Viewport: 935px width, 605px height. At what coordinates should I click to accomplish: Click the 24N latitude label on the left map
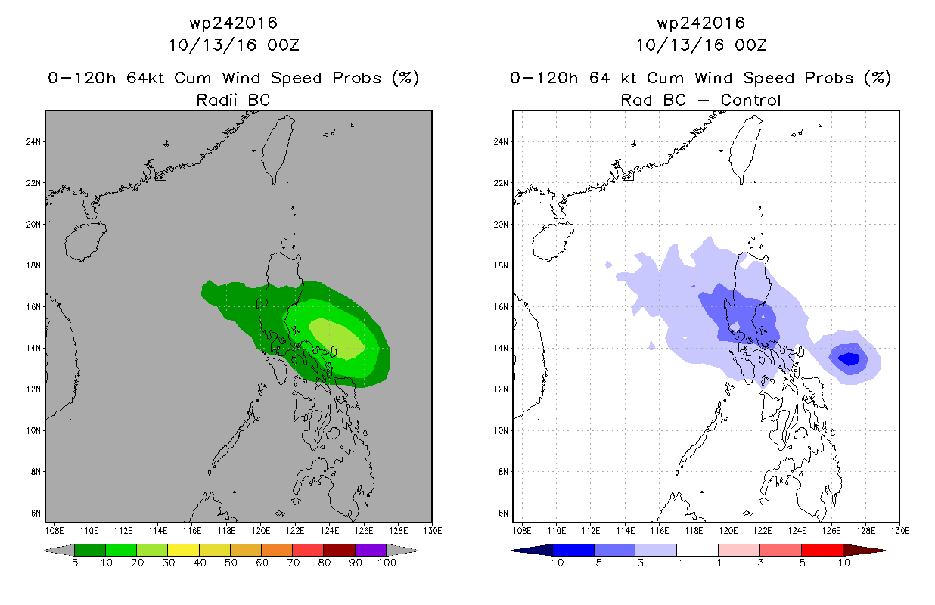(x=33, y=142)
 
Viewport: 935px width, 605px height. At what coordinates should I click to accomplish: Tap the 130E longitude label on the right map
(x=900, y=531)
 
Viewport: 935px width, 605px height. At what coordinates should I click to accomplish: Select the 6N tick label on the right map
(x=503, y=513)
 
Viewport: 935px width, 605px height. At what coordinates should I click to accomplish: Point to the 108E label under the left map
(x=54, y=531)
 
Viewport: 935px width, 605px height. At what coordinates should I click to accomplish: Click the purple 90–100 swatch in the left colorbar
(x=371, y=550)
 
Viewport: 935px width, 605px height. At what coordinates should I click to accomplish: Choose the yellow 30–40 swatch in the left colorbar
(x=183, y=550)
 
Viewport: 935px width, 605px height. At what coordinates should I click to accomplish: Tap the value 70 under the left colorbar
(x=294, y=563)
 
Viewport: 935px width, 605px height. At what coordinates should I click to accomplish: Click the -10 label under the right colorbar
(x=553, y=563)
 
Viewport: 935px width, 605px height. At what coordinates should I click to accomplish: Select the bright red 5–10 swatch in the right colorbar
(x=822, y=550)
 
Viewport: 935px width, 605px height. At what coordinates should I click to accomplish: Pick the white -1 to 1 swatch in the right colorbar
(x=697, y=550)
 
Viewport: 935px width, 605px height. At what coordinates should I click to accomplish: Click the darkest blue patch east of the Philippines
(x=849, y=358)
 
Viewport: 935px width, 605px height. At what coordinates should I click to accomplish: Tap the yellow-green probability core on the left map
(x=336, y=338)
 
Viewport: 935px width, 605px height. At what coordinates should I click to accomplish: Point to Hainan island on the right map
(x=553, y=241)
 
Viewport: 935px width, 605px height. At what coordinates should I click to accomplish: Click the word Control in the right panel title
(x=750, y=100)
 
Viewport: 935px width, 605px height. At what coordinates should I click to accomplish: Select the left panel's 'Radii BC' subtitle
(x=233, y=100)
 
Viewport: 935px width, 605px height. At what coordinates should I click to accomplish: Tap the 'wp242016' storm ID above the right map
(x=700, y=23)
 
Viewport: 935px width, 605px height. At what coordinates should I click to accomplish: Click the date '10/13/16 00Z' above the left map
(x=234, y=45)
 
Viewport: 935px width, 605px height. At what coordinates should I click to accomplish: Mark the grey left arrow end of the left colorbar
(x=59, y=550)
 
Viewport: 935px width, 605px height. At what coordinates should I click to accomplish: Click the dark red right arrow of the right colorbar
(x=864, y=551)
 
